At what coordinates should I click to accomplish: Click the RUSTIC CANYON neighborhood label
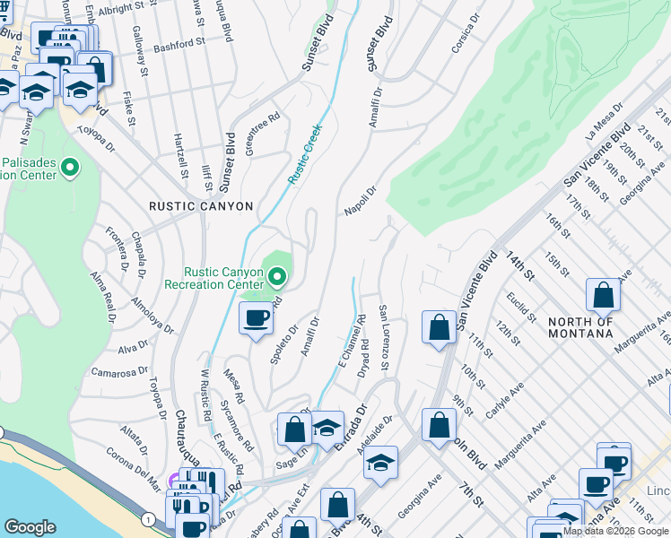pos(201,206)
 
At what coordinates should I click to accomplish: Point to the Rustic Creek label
pos(304,154)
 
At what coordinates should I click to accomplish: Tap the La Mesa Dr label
pos(603,129)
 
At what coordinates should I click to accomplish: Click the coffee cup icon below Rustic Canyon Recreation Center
pos(257,317)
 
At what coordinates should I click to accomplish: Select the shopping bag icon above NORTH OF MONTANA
pos(604,294)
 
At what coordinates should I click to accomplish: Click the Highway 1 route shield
pos(145,519)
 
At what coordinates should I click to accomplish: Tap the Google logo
pos(30,527)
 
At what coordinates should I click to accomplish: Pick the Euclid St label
pos(520,307)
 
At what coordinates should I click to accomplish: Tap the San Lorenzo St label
pos(383,338)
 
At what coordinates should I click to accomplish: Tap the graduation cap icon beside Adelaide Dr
pos(381,463)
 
